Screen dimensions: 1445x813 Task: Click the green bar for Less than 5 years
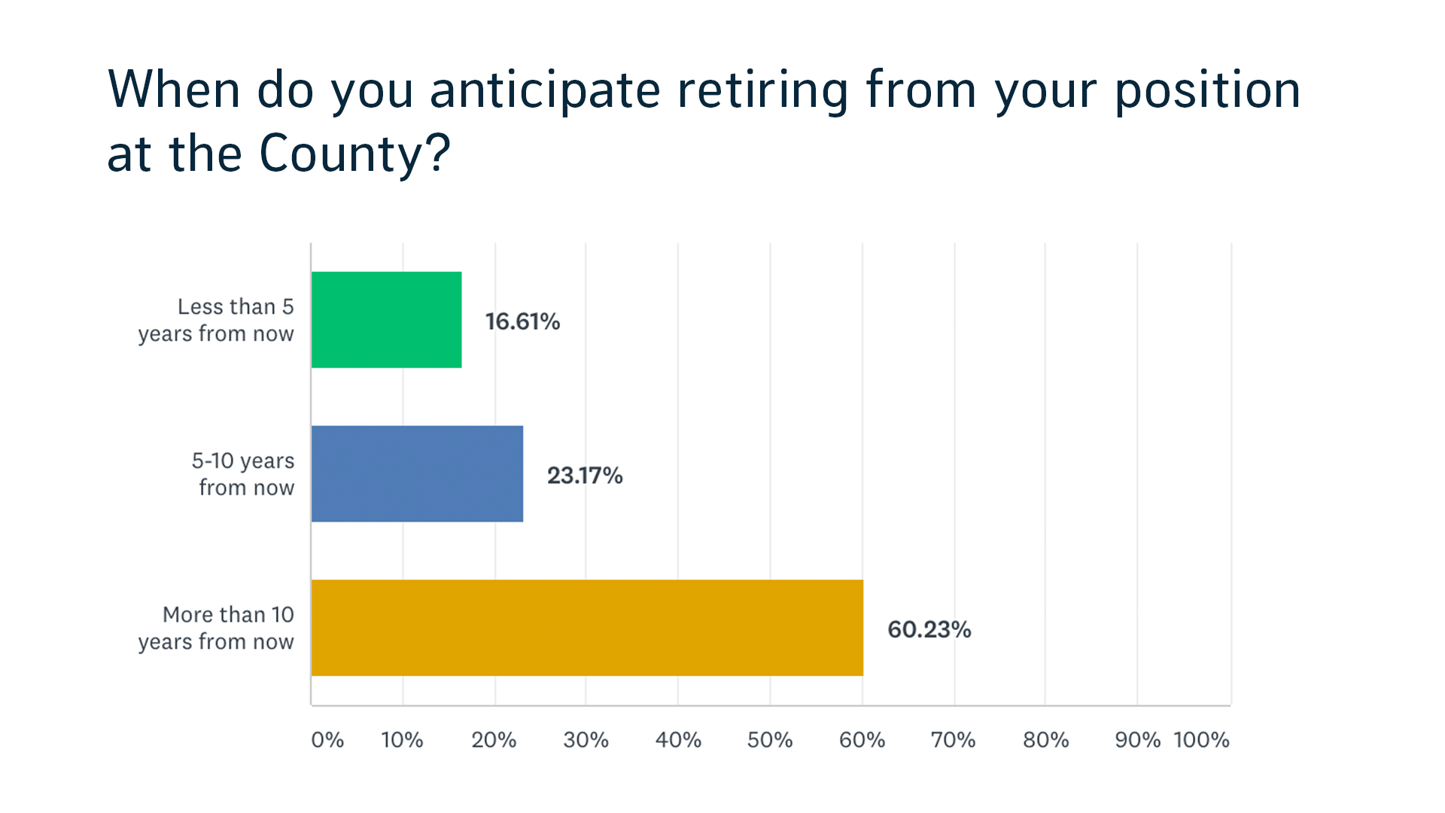(387, 320)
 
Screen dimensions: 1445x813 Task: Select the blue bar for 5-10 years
(418, 473)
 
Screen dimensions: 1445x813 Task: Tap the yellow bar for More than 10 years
(587, 628)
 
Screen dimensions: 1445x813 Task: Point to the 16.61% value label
(522, 321)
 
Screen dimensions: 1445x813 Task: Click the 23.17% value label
(585, 476)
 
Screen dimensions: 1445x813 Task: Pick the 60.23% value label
(929, 629)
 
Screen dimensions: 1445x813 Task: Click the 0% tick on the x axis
(327, 740)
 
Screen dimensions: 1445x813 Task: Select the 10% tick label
(402, 740)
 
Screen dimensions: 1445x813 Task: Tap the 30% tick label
(586, 740)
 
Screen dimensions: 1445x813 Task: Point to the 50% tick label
(770, 740)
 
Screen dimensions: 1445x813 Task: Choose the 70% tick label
(953, 740)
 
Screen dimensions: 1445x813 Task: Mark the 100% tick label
(1201, 740)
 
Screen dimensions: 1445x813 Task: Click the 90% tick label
(1138, 740)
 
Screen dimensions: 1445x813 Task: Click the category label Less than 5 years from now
(216, 321)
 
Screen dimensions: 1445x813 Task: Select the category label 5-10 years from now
(243, 474)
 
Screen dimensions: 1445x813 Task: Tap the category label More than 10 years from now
(216, 629)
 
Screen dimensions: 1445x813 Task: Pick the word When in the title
(175, 90)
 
